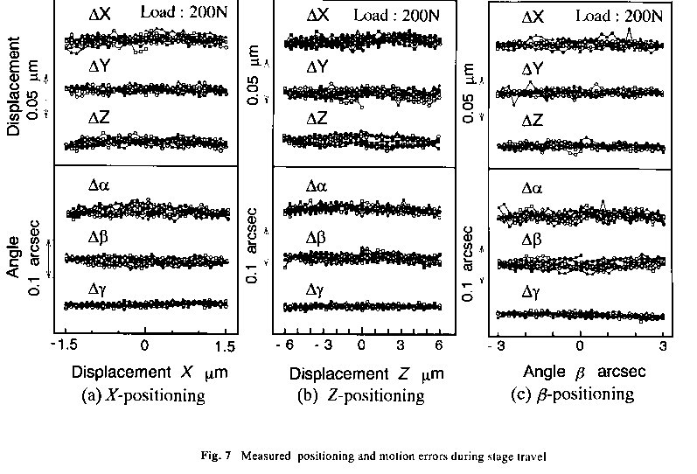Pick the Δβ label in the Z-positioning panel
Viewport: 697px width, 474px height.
point(317,238)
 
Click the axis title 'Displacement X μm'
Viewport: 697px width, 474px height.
point(145,371)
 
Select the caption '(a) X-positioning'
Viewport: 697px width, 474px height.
point(143,395)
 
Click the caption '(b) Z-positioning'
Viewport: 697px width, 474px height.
point(360,395)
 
